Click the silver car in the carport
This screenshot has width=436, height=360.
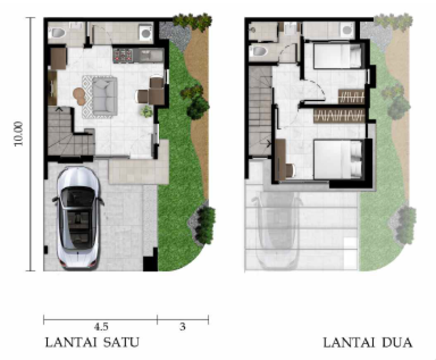coord(78,218)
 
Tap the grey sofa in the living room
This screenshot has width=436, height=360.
coord(104,96)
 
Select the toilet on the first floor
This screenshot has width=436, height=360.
coord(57,33)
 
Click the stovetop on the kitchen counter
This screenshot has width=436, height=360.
coord(123,55)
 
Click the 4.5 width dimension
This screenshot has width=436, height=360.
coord(101,326)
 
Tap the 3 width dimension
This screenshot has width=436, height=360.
coord(182,326)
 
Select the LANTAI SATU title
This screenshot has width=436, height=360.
coord(92,342)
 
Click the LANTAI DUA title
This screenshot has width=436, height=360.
coord(367,343)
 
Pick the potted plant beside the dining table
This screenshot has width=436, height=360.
coord(146,111)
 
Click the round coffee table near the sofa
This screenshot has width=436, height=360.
coord(79,96)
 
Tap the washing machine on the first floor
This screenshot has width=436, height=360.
coord(146,33)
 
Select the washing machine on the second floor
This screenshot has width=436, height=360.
coord(346,30)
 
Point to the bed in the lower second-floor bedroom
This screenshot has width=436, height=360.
coord(338,159)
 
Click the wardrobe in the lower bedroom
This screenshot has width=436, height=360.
coord(339,115)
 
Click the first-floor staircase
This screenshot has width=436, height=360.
coord(71,130)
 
